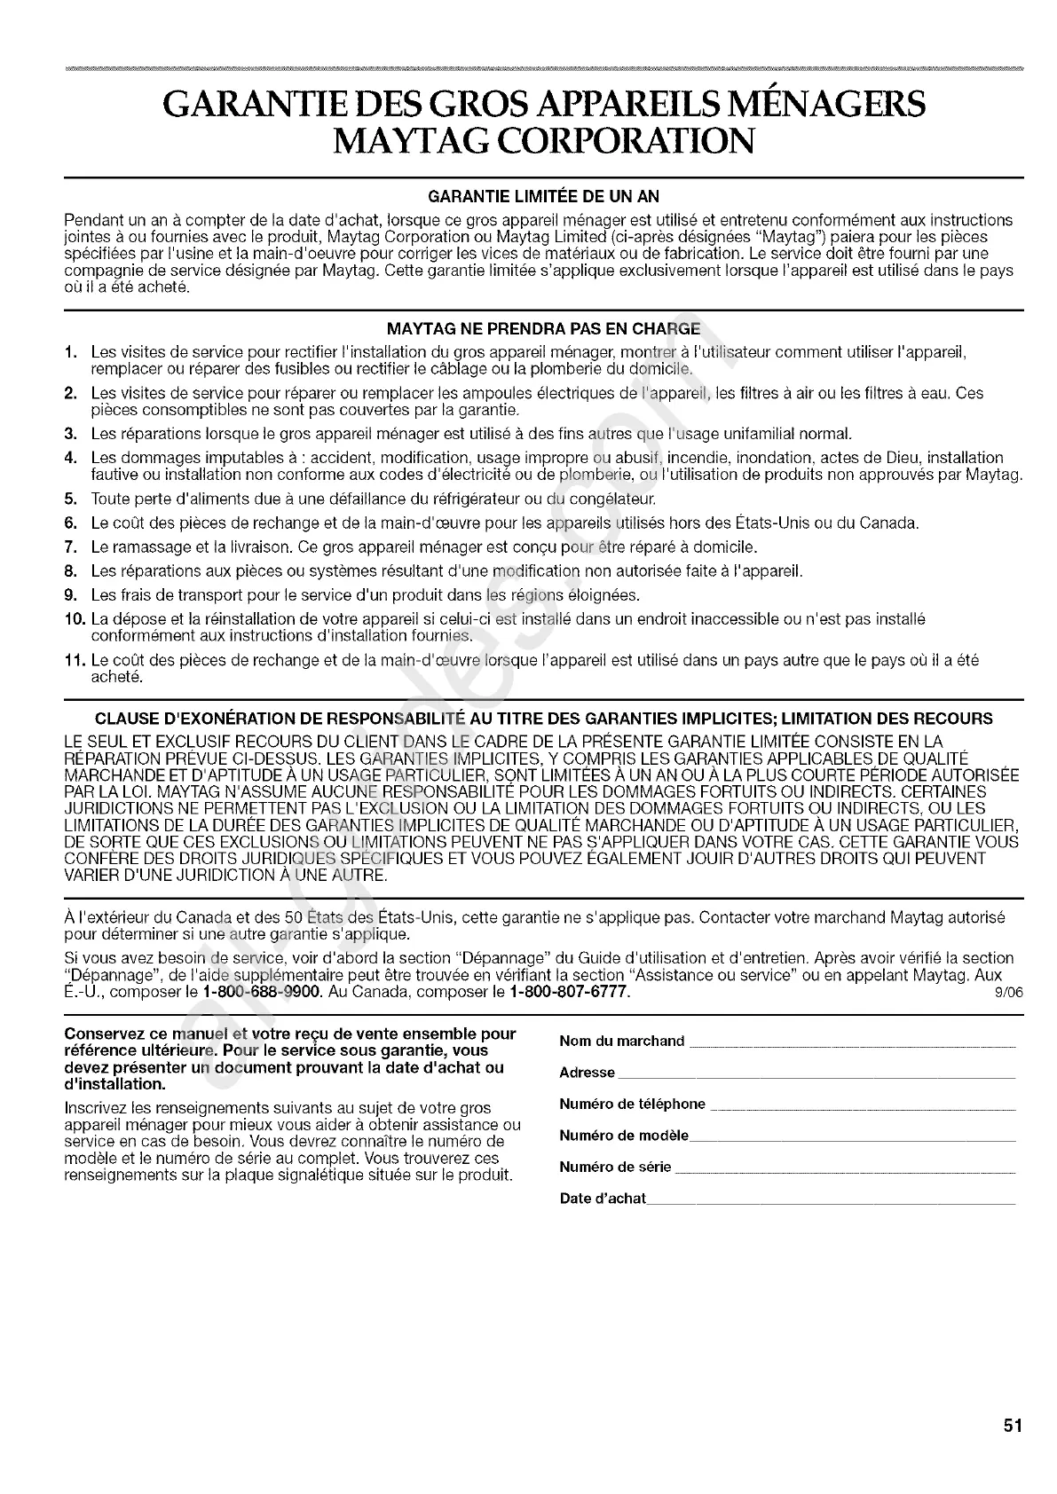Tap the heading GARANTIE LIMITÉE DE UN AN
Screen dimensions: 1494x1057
[x=544, y=196]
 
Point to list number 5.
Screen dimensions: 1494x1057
[x=70, y=499]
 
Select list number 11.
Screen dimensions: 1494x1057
[x=75, y=661]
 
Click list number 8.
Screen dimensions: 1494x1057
[x=70, y=570]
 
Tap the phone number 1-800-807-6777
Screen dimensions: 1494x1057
[x=570, y=992]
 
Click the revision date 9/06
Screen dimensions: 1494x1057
[x=1011, y=993]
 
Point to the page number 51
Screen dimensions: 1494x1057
[x=1013, y=1427]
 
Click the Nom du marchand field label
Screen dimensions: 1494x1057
[x=621, y=1041]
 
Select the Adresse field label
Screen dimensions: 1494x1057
[x=587, y=1073]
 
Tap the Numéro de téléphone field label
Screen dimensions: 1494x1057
[x=632, y=1104]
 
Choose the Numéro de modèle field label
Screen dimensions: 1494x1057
[x=623, y=1136]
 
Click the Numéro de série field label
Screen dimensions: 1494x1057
[x=615, y=1167]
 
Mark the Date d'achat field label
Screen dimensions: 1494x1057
[x=602, y=1199]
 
